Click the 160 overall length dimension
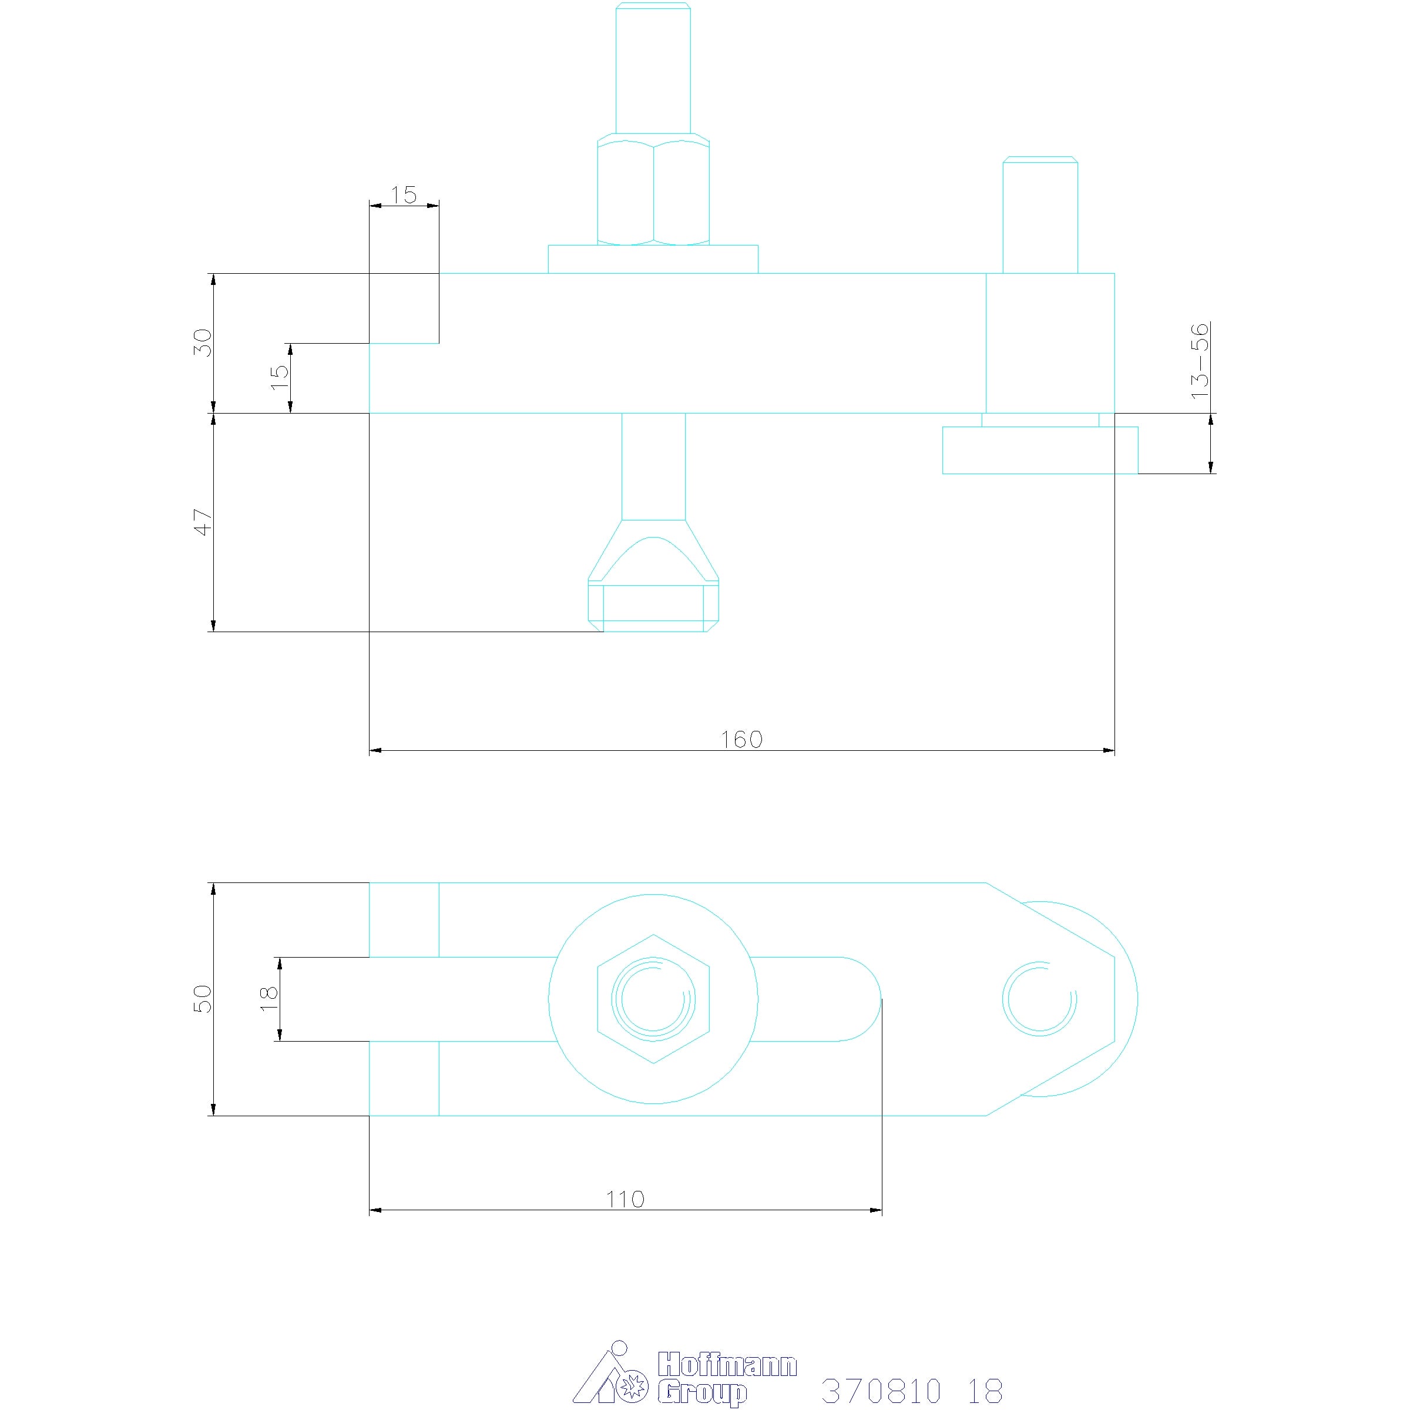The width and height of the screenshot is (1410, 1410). click(741, 739)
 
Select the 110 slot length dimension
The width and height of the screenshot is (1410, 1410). click(626, 1199)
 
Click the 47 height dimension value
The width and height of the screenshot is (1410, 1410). click(202, 522)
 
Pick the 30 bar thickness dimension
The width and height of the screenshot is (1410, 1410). click(202, 343)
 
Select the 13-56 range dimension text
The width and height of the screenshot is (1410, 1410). click(1200, 361)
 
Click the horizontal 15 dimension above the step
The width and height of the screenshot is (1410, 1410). click(404, 195)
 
